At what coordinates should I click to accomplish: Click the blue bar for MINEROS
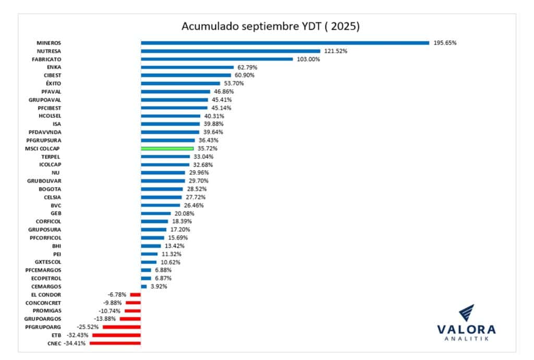point(285,43)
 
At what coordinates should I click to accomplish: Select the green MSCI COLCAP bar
point(167,149)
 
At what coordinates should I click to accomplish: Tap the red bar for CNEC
point(115,343)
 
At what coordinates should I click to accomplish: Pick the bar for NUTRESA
point(230,51)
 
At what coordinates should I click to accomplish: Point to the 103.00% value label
point(308,59)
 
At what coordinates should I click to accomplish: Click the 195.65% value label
point(445,43)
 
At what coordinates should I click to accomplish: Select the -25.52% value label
point(88,327)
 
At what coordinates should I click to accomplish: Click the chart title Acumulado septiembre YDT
point(270,26)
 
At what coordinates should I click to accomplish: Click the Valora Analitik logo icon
point(466,314)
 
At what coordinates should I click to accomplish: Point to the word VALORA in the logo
point(466,330)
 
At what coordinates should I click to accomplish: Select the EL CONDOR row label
point(47,295)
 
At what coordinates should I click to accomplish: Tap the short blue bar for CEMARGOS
point(143,286)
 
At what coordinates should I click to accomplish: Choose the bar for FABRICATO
point(216,59)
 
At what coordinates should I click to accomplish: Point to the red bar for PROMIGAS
point(132,311)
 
